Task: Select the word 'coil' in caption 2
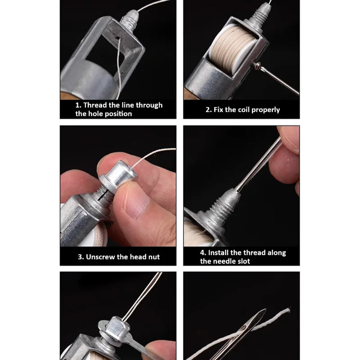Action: click(x=241, y=110)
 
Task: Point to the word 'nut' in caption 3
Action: click(x=153, y=257)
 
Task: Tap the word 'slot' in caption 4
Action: click(x=242, y=261)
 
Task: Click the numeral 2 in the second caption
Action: click(x=208, y=110)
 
